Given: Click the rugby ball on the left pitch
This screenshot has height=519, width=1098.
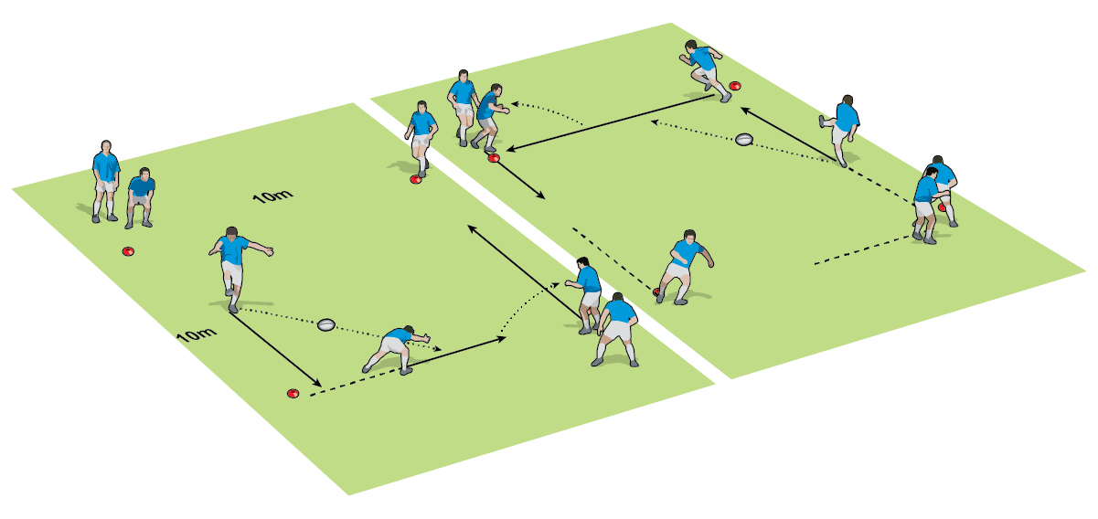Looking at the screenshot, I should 327,324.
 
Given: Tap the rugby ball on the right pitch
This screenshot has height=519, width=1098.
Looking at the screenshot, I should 744,140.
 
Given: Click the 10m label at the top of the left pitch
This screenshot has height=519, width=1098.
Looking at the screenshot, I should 272,196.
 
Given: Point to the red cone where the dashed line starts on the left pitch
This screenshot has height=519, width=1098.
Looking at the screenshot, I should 293,394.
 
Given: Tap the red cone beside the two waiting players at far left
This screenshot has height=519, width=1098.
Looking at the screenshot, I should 129,251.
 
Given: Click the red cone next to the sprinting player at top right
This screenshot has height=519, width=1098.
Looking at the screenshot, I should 735,87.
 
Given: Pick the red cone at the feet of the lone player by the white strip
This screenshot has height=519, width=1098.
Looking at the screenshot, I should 416,179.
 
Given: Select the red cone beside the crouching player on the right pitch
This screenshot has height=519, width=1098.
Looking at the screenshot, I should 657,292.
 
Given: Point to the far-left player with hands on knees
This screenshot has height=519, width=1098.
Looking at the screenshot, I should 140,196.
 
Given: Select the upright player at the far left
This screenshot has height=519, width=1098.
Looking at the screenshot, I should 106,179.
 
